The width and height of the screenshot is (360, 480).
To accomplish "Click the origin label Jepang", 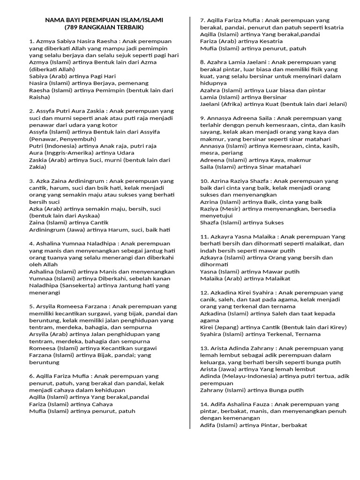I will pyautogui.click(x=228, y=327).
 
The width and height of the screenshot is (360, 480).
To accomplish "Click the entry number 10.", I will pyautogui.click(x=204, y=180).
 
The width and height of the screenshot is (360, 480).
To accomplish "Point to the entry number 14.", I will pyautogui.click(x=204, y=404).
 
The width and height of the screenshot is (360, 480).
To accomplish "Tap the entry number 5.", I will pyautogui.click(x=31, y=307).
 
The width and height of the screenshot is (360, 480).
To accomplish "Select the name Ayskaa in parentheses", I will pyautogui.click(x=89, y=216).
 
